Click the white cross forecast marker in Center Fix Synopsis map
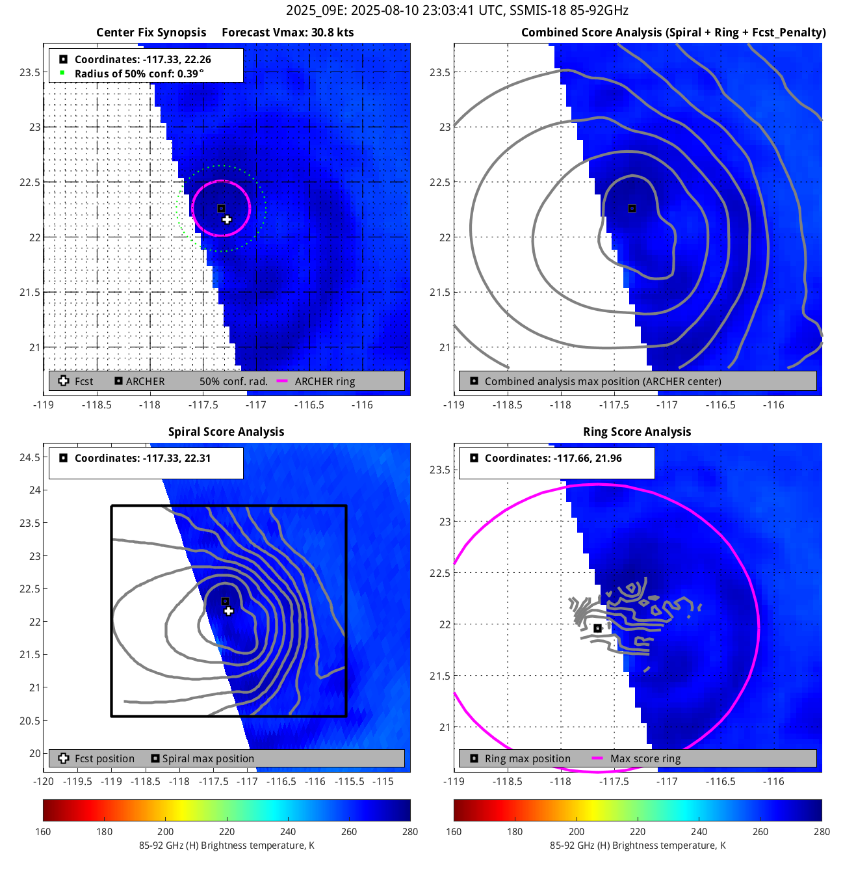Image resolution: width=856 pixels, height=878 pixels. tap(227, 220)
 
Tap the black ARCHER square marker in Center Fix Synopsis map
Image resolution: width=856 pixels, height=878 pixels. tap(221, 209)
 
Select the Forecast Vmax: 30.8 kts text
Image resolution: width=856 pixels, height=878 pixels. tap(287, 33)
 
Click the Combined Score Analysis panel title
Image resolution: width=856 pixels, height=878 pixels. tap(673, 33)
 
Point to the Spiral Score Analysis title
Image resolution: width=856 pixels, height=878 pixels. tap(226, 432)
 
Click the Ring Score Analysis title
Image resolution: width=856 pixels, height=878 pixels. tap(637, 432)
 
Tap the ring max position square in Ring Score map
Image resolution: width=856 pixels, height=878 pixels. tap(598, 628)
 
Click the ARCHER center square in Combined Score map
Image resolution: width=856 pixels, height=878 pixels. tap(632, 209)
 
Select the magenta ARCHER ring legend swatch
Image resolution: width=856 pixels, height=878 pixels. tap(282, 381)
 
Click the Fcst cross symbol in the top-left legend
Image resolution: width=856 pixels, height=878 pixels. tap(64, 381)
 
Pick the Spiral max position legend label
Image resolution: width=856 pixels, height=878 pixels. tap(208, 758)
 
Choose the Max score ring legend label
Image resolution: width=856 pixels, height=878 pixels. tap(645, 758)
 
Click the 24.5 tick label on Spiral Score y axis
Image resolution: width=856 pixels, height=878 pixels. tap(30, 457)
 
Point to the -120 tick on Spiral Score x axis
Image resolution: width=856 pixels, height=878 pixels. tap(44, 781)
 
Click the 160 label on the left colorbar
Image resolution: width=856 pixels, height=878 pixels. tap(44, 831)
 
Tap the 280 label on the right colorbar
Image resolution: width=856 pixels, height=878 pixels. tap(822, 831)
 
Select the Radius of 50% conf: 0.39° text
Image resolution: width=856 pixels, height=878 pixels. tap(139, 73)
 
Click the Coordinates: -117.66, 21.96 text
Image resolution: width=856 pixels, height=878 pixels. tap(553, 458)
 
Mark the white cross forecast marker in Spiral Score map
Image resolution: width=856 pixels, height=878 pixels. tap(228, 611)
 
